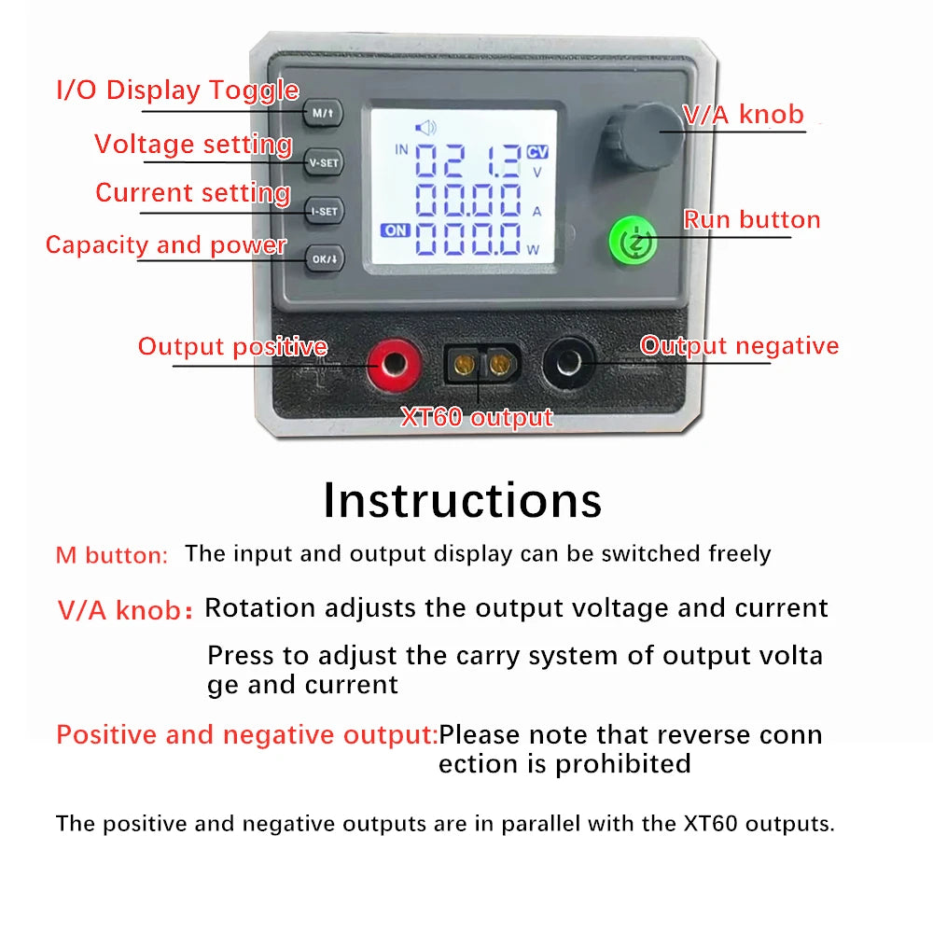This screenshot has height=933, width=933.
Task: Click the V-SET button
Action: [325, 162]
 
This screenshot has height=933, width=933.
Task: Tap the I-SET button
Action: [324, 211]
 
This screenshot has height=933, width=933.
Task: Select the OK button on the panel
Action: [324, 258]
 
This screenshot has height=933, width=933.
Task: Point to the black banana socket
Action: [569, 364]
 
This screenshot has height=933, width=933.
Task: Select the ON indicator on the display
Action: [395, 230]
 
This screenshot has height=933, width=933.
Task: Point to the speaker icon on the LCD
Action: [425, 128]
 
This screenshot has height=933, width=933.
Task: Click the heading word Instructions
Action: [463, 500]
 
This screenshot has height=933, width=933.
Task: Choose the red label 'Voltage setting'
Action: [193, 145]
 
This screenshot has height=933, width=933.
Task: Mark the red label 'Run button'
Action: [752, 220]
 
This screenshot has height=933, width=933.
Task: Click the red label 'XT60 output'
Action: [477, 417]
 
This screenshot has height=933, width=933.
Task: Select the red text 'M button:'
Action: [112, 555]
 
